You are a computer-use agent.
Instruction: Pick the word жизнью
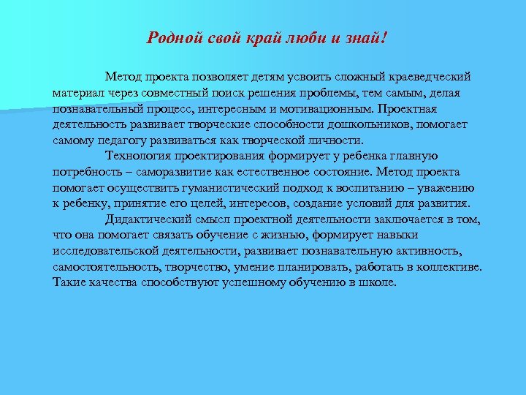point(283,235)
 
